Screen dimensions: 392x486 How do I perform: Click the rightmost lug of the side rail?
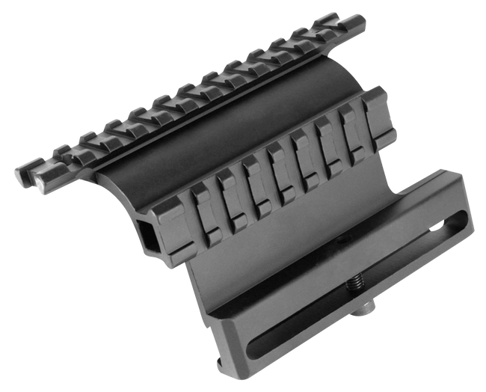click(x=374, y=105)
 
